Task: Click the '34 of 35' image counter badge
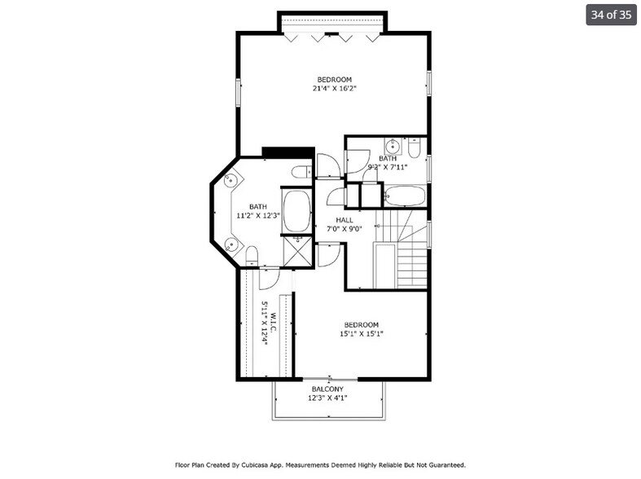point(611,15)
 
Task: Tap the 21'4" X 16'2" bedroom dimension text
point(335,88)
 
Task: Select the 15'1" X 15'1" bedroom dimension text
point(361,333)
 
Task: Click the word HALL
point(344,220)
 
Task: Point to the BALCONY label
point(328,389)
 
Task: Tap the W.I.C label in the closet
point(274,321)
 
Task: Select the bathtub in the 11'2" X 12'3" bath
point(296,211)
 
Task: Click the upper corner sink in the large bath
point(231,181)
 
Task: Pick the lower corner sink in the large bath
point(231,244)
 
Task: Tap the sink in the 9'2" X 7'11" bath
point(392,147)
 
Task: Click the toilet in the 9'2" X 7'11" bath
point(414,149)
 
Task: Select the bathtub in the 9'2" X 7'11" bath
point(404,196)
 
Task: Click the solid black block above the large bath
point(288,152)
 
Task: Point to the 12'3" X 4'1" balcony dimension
point(328,398)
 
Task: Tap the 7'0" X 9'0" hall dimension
point(344,229)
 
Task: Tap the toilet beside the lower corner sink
point(252,256)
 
